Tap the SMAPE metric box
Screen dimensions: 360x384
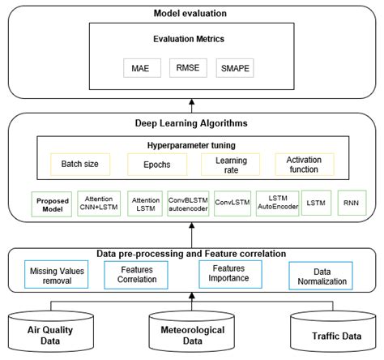(237, 69)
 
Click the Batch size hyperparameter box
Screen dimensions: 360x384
(79, 164)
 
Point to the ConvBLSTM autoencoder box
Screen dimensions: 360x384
(188, 202)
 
